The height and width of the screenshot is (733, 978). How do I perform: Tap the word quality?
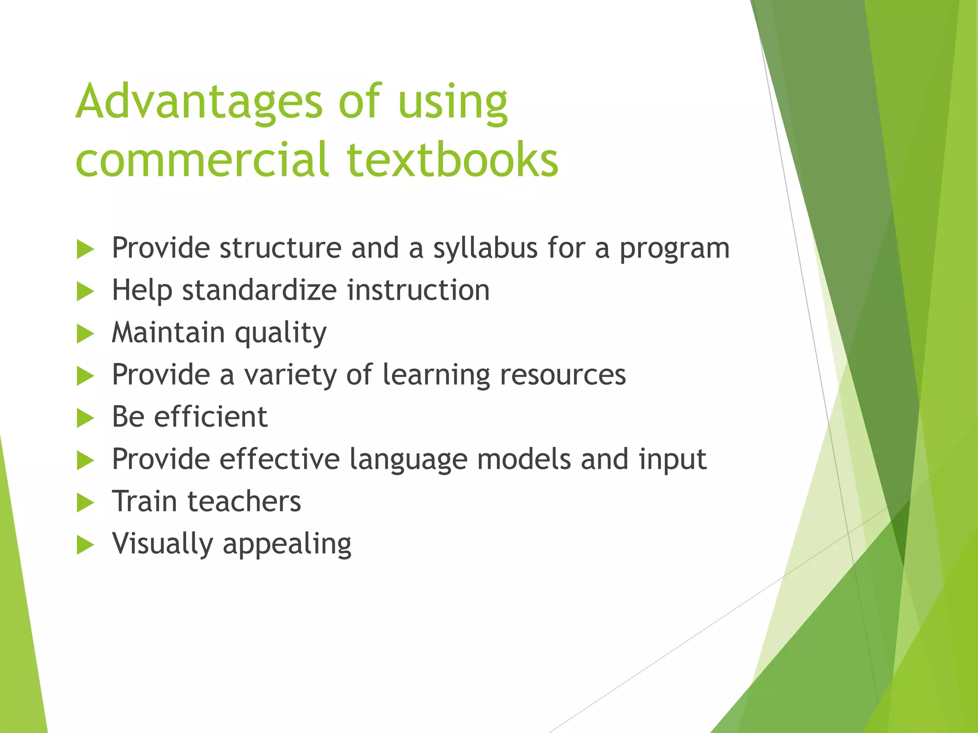click(x=281, y=333)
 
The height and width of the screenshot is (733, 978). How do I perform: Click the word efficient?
click(x=211, y=417)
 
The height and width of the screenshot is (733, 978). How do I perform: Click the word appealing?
click(x=287, y=544)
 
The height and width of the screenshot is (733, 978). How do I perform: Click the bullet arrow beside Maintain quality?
click(x=85, y=334)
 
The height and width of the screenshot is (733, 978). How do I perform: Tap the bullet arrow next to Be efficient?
click(x=85, y=418)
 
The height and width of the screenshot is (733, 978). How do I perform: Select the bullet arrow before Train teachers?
click(x=85, y=503)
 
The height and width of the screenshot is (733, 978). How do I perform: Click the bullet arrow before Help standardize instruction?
click(x=85, y=291)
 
